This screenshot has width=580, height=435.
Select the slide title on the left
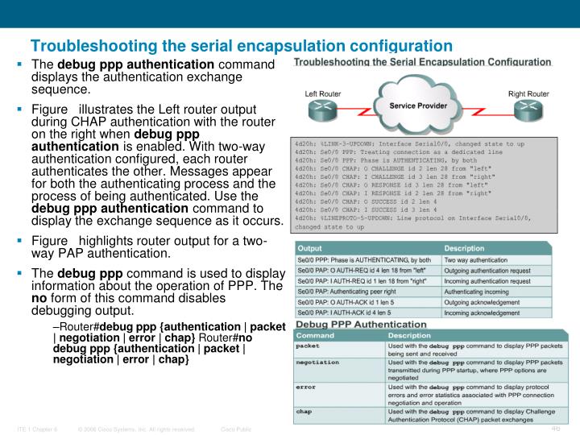click(241, 47)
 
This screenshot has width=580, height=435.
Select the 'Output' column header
click(309, 248)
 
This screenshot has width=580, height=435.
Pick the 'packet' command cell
click(309, 345)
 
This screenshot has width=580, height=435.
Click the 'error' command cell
click(307, 387)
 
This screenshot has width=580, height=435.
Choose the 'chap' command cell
click(305, 412)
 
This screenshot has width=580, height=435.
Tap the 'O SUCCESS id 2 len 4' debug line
click(368, 203)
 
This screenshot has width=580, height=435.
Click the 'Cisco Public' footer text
click(236, 429)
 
